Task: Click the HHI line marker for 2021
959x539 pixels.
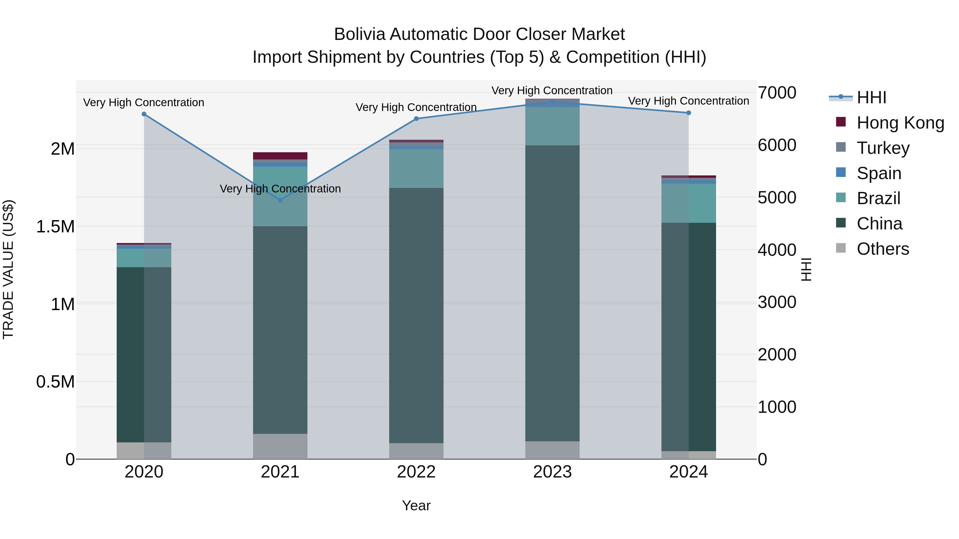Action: (x=280, y=200)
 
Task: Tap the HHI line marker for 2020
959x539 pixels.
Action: (x=144, y=114)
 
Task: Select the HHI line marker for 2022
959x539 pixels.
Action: (x=416, y=119)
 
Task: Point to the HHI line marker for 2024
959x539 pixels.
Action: (x=688, y=113)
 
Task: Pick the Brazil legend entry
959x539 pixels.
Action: (x=878, y=198)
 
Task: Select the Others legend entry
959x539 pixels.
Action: (x=883, y=249)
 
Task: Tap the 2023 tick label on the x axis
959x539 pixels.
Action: (x=552, y=472)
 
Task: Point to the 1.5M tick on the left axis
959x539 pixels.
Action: (x=55, y=227)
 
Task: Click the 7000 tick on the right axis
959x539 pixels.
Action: (x=777, y=93)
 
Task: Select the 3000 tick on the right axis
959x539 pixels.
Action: (x=777, y=302)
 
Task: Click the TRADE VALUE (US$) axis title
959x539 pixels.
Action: (x=8, y=269)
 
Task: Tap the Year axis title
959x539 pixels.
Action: (x=416, y=505)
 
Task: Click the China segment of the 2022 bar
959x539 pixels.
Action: (x=416, y=315)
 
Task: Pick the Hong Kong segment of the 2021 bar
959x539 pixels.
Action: (x=280, y=155)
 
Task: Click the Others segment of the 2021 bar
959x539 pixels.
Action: (x=280, y=446)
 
